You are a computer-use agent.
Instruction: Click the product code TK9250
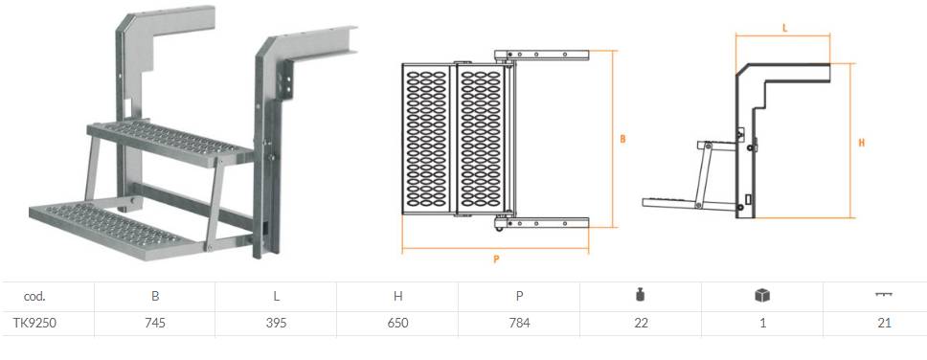(34, 324)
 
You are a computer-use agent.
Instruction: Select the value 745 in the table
(155, 324)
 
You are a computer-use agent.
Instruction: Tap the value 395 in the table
(276, 324)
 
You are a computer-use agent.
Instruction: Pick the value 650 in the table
(397, 324)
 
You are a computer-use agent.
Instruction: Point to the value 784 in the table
(519, 324)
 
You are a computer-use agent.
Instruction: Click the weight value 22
(641, 324)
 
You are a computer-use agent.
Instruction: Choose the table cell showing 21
(885, 324)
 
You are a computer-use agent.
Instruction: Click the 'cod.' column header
(34, 297)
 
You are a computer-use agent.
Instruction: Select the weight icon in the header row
(641, 296)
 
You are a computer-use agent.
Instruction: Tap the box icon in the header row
(762, 296)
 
